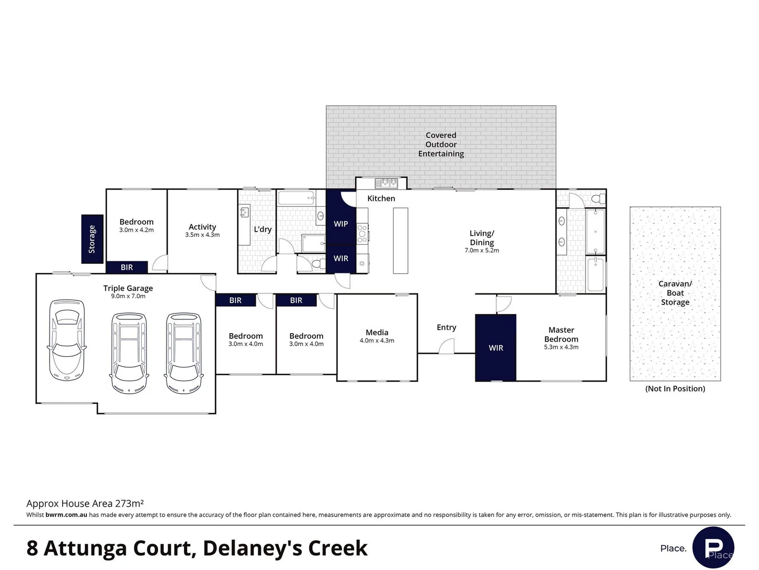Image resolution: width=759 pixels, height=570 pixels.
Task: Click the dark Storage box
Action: point(92,239)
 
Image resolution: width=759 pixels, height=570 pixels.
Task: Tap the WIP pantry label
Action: point(340,224)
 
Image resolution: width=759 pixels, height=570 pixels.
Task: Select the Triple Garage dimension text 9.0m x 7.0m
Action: point(128,296)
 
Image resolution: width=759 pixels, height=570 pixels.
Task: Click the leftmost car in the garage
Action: point(67,340)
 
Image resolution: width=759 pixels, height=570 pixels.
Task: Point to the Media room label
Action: point(377,332)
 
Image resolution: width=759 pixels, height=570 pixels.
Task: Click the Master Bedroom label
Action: point(561,334)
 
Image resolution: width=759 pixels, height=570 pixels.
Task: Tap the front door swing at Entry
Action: point(446,346)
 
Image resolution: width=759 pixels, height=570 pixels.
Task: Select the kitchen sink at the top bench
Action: point(386,183)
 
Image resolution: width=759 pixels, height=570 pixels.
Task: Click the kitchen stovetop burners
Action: point(362,234)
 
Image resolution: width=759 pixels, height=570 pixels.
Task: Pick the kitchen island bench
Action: point(401,241)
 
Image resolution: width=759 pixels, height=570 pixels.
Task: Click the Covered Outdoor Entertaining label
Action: point(441,144)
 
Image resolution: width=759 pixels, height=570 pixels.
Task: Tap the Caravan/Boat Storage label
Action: point(675,293)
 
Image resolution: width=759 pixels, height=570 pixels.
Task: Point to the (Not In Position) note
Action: point(675,388)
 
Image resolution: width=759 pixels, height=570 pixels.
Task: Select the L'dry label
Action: point(263,229)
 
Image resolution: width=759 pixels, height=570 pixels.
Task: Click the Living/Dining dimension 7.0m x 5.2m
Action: point(482,250)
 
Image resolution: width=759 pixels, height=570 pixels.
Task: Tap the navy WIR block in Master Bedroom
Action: point(496,347)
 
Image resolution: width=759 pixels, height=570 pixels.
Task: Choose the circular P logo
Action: point(713,547)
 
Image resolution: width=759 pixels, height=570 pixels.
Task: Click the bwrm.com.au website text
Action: point(66,515)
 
